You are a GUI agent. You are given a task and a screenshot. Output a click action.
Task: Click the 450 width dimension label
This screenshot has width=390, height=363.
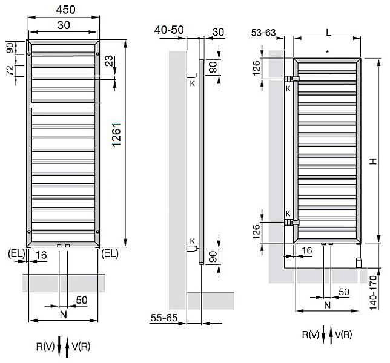(x=65, y=10)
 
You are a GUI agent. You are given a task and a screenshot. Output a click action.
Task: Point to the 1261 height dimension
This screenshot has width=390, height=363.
(x=116, y=135)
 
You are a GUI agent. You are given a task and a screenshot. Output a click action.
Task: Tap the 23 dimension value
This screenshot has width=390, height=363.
(x=108, y=60)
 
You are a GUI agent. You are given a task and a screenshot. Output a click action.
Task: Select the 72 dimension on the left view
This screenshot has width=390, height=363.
(x=10, y=71)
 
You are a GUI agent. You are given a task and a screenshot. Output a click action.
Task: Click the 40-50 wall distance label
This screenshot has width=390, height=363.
(x=169, y=30)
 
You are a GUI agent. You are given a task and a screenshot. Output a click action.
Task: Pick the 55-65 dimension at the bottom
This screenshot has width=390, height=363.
(x=164, y=318)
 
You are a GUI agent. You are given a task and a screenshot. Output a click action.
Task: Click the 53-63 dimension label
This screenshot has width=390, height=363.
(x=263, y=33)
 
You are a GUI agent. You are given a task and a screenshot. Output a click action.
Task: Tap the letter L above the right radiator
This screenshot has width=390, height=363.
(x=329, y=32)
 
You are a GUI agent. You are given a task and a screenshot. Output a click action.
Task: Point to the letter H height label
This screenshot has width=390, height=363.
(x=373, y=162)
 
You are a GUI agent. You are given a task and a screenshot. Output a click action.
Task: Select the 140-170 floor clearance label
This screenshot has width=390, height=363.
(x=373, y=292)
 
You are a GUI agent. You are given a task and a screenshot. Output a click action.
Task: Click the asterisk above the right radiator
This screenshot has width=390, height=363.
(x=328, y=52)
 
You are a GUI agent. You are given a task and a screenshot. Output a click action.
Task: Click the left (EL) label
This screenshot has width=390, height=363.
(x=16, y=253)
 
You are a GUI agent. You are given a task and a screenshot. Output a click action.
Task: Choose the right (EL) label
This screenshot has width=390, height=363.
(x=110, y=253)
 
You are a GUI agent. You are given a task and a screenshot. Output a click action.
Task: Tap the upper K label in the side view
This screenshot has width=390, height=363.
(x=192, y=83)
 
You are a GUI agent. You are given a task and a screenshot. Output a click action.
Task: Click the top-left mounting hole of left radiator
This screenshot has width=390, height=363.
(x=29, y=54)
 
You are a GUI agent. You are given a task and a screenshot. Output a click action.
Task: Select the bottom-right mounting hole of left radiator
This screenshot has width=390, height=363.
(x=97, y=232)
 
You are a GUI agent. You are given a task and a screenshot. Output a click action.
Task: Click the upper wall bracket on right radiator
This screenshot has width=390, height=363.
(x=291, y=79)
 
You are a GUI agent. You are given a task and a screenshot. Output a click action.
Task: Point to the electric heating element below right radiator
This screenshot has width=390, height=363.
(x=359, y=256)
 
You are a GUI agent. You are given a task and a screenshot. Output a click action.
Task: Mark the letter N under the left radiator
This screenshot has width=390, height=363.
(x=64, y=315)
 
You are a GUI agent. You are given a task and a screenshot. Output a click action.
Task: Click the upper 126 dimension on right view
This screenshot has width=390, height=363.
(x=256, y=68)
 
